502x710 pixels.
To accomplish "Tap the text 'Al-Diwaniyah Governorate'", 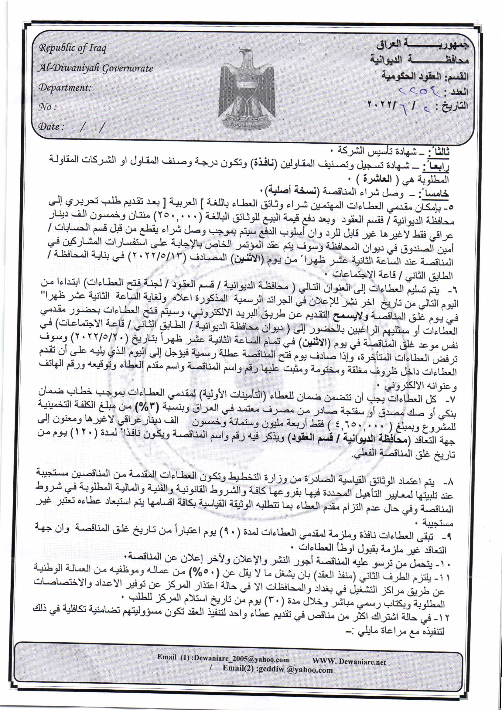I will [x=95, y=68].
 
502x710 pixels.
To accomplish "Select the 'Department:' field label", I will [x=65, y=87].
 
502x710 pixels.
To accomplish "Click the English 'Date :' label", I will [x=51, y=126].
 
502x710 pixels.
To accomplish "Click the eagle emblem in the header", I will [x=247, y=90].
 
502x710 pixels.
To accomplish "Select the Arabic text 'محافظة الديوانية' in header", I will [x=420, y=60].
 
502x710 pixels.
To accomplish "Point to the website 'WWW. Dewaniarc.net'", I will [x=349, y=661].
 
